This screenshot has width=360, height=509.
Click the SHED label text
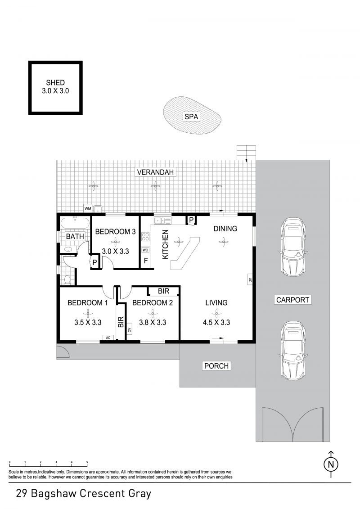(55, 82)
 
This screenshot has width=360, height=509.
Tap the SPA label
(191, 117)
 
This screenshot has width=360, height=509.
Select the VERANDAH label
(156, 172)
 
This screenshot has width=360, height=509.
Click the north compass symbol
(331, 464)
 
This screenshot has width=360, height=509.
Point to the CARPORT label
(292, 300)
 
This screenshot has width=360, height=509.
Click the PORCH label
(216, 366)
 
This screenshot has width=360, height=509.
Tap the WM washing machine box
(88, 208)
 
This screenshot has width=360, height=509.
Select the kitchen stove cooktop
(145, 237)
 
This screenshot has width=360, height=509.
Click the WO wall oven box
(145, 250)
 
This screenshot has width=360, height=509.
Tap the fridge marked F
(146, 261)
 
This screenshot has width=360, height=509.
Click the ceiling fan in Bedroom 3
(115, 241)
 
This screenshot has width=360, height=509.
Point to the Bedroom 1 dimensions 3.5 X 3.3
(88, 322)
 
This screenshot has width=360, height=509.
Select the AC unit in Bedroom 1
(108, 338)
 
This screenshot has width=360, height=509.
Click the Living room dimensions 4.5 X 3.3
(216, 322)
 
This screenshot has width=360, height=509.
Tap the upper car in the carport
(293, 247)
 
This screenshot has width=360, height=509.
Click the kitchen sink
(162, 221)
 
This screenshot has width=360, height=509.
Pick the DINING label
(225, 229)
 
